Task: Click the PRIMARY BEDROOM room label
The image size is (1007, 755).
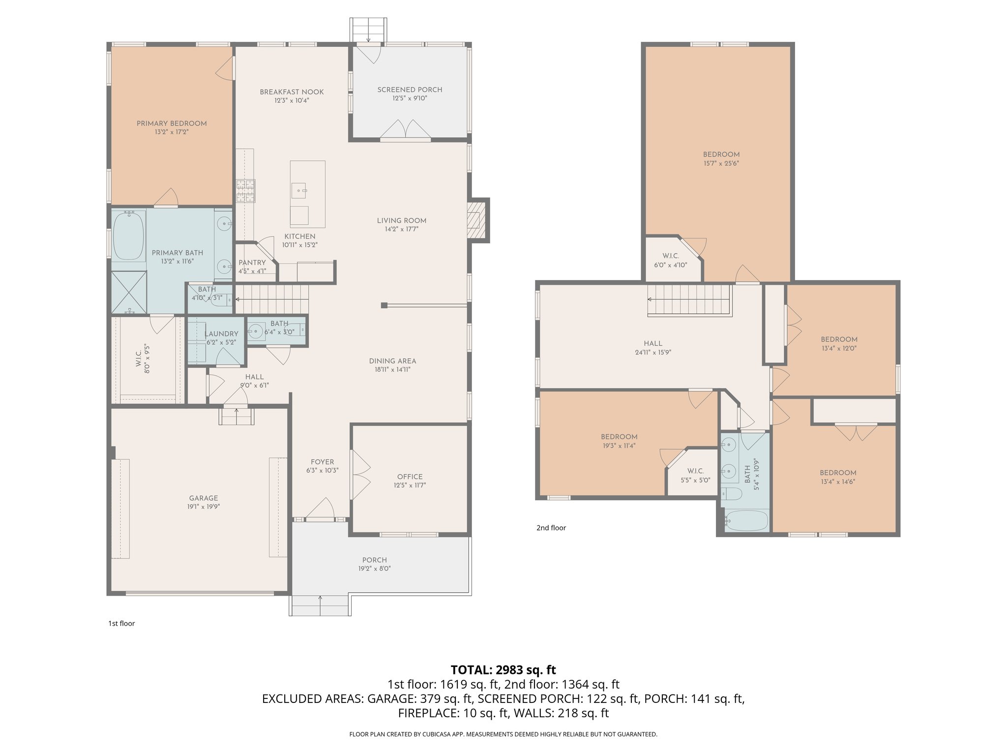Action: point(172,123)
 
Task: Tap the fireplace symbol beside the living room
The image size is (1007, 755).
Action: point(473,220)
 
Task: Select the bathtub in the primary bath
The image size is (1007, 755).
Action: point(128,236)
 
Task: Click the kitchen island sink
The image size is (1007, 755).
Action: point(299,189)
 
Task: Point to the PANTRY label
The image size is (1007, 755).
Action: point(252,262)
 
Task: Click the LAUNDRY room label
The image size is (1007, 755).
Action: point(221,334)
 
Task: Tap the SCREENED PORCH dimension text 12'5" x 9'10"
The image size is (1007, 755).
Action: point(410,98)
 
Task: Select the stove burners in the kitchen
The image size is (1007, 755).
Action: point(246,191)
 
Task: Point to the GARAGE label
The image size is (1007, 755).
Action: point(203,498)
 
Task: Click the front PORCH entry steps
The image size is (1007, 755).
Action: point(320,606)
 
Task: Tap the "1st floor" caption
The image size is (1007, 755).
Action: point(121,623)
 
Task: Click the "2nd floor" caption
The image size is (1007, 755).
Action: point(551,528)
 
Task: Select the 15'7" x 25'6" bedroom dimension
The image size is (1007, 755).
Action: point(721,163)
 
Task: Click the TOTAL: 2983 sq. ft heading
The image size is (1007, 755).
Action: point(503,669)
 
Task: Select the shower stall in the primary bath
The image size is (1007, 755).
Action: point(129,292)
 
